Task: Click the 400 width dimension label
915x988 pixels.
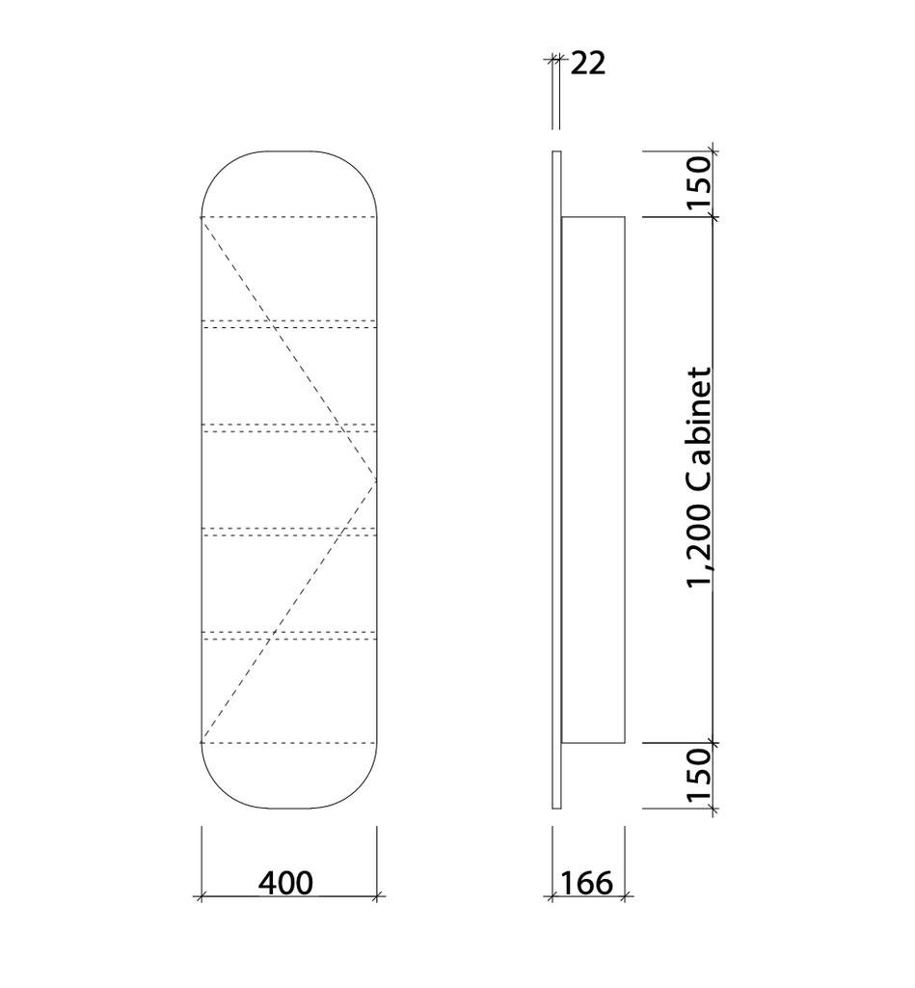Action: [x=285, y=883]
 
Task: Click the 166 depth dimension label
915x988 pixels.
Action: [x=585, y=883]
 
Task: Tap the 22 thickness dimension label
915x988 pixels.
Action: [x=587, y=64]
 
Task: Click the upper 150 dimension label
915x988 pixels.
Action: [x=698, y=182]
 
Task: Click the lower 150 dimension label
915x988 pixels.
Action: [x=698, y=775]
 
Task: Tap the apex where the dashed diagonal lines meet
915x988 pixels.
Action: [x=376, y=480]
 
